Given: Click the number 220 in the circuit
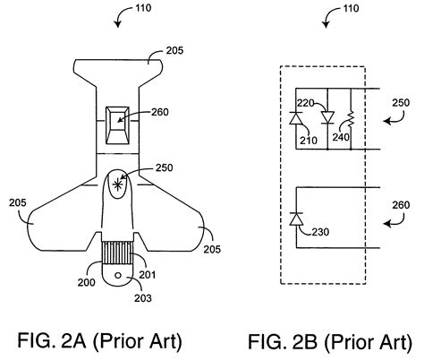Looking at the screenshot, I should point(306,102).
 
